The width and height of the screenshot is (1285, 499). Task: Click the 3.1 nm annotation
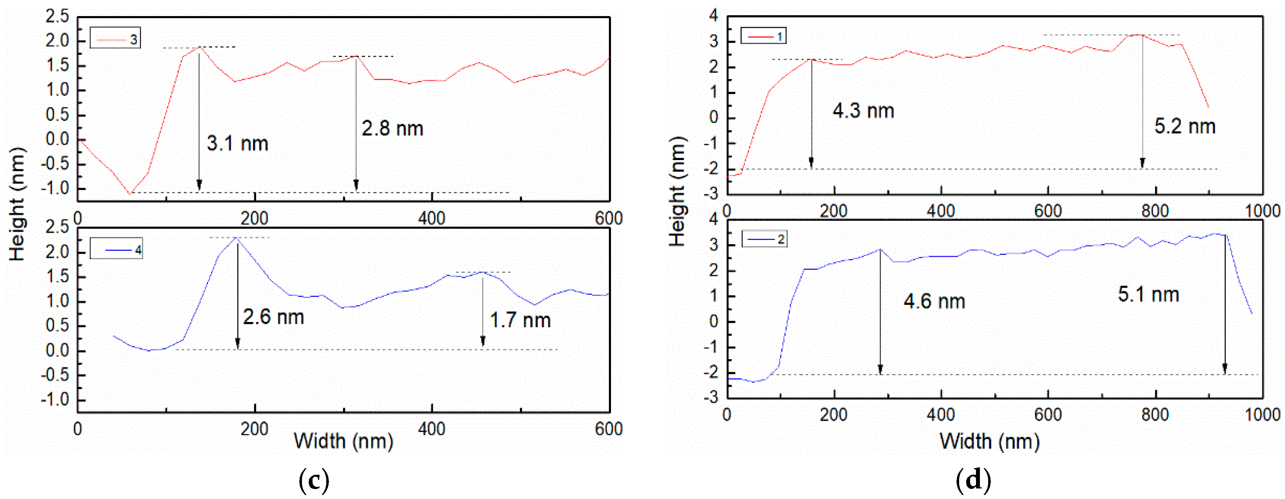[x=237, y=144]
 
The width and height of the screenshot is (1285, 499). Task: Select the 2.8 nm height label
[x=392, y=129]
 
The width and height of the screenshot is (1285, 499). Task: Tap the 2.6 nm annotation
[x=273, y=317]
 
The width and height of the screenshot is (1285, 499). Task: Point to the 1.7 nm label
[x=520, y=320]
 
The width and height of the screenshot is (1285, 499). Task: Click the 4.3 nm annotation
[x=863, y=111]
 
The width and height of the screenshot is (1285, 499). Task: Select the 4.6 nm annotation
[x=934, y=301]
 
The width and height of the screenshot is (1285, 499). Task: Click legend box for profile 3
[x=115, y=39]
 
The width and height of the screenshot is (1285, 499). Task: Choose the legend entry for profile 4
[x=116, y=249]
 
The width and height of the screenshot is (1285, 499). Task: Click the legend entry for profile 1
[x=763, y=36]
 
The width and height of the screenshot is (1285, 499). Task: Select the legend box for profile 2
[x=764, y=239]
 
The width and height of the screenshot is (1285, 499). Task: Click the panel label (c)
[x=313, y=481]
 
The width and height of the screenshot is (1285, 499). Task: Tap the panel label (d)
[x=973, y=481]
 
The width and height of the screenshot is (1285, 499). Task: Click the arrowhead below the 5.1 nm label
[x=1225, y=369]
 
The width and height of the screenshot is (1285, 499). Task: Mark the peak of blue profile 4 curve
[x=237, y=238]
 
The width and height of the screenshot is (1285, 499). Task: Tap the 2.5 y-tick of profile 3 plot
[x=57, y=16]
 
